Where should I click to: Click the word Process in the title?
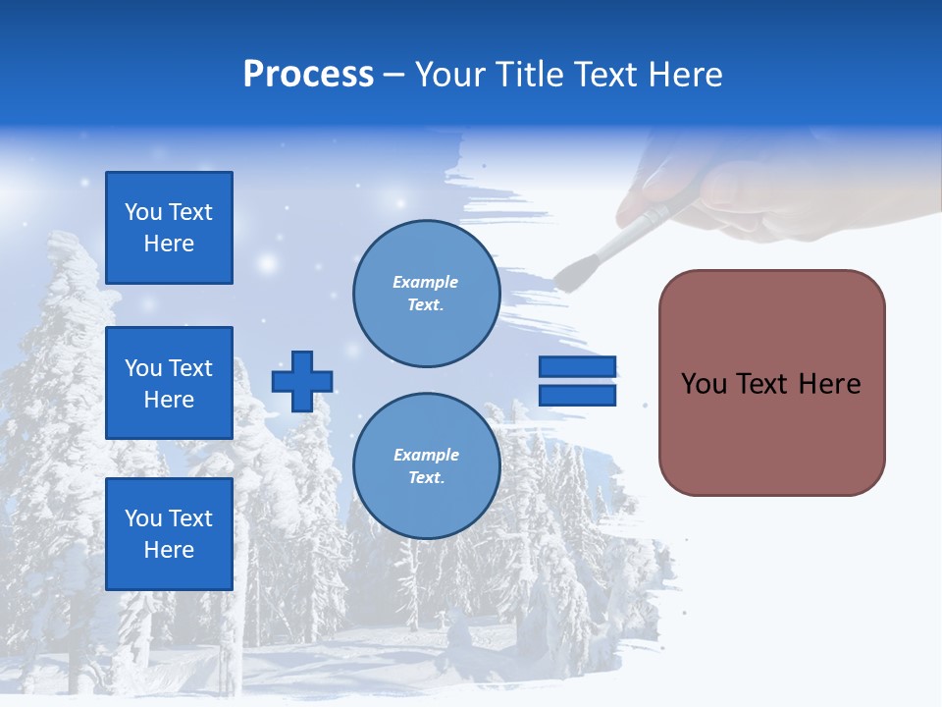[x=308, y=75]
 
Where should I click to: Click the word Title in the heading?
[x=531, y=75]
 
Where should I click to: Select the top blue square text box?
[x=169, y=228]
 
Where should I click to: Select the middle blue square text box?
[x=169, y=383]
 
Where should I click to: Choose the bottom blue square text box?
[x=169, y=534]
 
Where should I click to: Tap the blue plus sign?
[x=302, y=381]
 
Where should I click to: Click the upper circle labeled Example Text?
[x=426, y=294]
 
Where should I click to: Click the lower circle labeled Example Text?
[x=426, y=466]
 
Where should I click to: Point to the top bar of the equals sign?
[x=577, y=367]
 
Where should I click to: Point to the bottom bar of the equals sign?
[x=577, y=395]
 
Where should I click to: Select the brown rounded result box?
[x=771, y=383]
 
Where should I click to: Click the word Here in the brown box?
[x=829, y=384]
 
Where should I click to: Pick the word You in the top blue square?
[x=143, y=212]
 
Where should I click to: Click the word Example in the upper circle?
[x=426, y=282]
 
